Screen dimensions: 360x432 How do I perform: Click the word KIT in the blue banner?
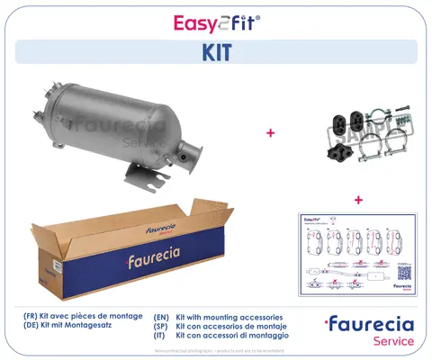pos(216,52)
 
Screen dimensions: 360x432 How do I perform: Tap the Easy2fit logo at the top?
pos(216,20)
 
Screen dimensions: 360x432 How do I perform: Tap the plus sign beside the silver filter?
pos(269,132)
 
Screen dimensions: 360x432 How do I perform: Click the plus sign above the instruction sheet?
pos(357,199)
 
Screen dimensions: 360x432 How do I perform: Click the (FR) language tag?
pos(33,318)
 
